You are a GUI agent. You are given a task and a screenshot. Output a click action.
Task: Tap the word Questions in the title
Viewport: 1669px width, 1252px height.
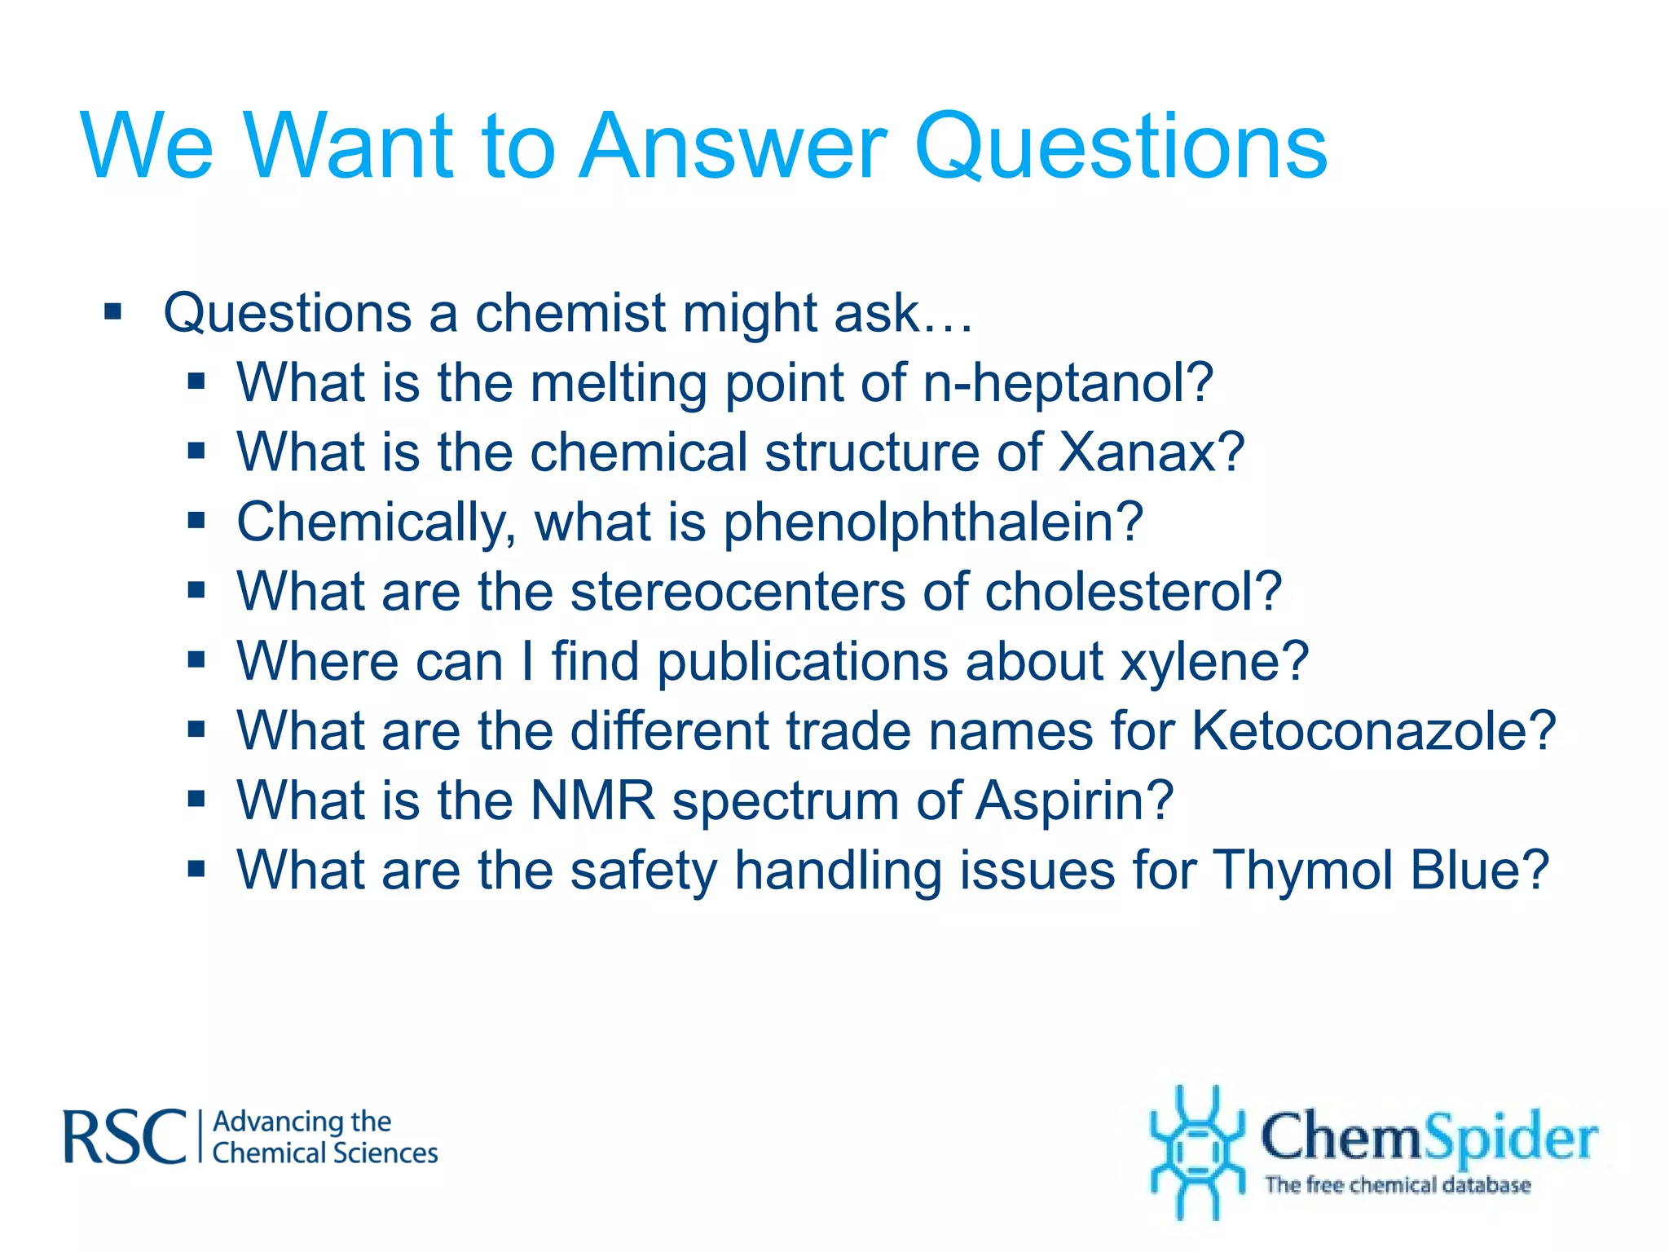[x=1121, y=147]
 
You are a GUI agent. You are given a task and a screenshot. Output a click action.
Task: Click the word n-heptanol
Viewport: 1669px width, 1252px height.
[x=1068, y=383]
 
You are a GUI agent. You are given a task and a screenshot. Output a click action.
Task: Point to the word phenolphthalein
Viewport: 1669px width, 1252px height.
[x=933, y=522]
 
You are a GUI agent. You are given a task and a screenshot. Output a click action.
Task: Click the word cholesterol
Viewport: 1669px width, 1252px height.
[x=1133, y=592]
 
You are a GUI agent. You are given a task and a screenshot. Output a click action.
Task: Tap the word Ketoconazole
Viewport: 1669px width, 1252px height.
[x=1373, y=730]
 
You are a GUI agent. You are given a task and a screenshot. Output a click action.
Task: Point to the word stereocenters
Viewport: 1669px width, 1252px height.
[x=738, y=592]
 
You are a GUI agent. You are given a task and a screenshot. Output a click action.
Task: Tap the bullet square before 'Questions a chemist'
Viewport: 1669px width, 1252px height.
[x=113, y=311]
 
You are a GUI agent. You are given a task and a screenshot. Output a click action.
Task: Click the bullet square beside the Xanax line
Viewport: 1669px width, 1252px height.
[x=196, y=451]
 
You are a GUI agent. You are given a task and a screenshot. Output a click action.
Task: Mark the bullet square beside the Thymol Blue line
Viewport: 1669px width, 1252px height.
[x=196, y=869]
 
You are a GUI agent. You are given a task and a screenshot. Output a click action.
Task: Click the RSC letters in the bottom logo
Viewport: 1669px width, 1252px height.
[x=126, y=1137]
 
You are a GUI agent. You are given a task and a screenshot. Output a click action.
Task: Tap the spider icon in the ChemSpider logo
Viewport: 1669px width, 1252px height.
[x=1196, y=1151]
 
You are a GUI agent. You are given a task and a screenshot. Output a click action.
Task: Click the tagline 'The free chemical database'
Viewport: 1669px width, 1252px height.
[x=1397, y=1184]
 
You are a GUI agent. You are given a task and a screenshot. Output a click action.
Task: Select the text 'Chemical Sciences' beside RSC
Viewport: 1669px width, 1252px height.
[x=324, y=1153]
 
